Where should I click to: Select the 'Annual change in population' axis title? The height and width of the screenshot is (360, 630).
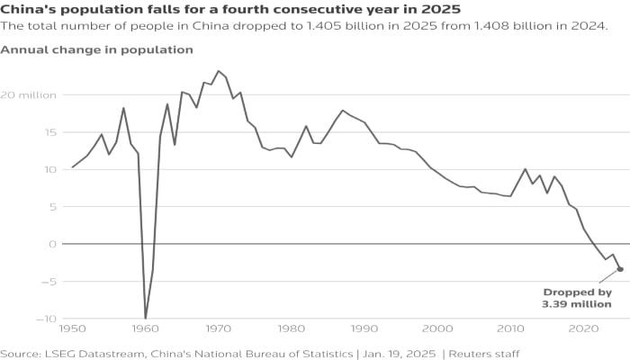(96, 49)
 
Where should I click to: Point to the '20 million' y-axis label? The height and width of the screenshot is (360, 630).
(30, 94)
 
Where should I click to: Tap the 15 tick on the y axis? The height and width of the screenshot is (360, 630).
(26, 132)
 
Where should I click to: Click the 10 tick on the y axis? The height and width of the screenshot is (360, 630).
(26, 169)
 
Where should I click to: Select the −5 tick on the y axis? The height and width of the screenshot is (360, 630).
(26, 281)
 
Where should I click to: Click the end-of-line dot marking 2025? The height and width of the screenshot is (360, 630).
(620, 269)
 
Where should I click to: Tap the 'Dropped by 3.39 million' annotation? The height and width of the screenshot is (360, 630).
(577, 298)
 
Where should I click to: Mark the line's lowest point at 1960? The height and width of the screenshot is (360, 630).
(146, 318)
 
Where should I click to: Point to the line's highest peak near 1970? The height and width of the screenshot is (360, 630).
(218, 70)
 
